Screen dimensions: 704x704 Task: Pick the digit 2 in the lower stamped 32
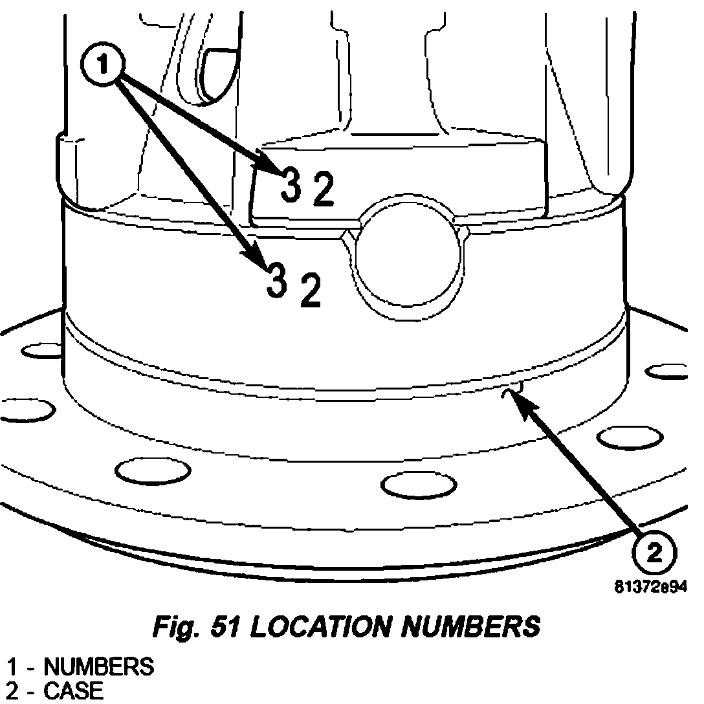click(x=309, y=292)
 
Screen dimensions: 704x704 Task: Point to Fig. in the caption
click(x=174, y=626)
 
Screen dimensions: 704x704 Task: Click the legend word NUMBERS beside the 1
click(x=99, y=666)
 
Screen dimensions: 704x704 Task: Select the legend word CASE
click(x=72, y=691)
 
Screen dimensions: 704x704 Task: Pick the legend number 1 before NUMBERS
click(x=12, y=666)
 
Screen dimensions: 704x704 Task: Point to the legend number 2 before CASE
click(x=12, y=691)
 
